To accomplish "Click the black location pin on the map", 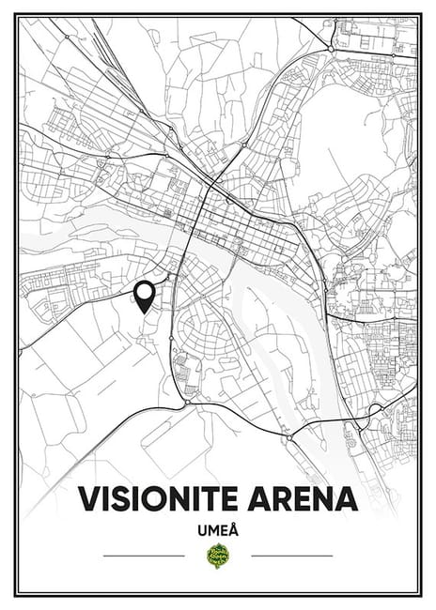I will [144, 297].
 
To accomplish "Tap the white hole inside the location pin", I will [144, 293].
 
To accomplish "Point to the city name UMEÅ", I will [218, 529].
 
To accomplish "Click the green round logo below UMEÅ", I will [218, 556].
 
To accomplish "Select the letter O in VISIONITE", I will [158, 498].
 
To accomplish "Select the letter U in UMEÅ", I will [201, 530].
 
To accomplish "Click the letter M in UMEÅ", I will [213, 530].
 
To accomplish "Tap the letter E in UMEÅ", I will [225, 530].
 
